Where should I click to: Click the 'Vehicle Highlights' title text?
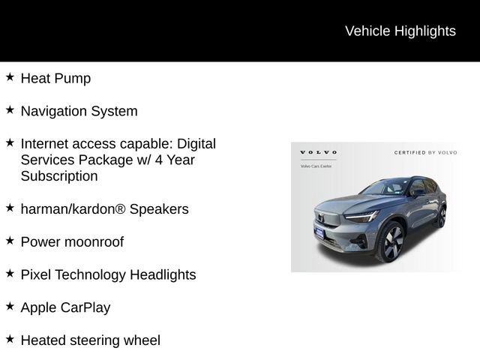point(400,31)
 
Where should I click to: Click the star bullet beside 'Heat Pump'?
point(10,77)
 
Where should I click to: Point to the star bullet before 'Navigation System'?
point(10,110)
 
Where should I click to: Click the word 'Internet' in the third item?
point(46,143)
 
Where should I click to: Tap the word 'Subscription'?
point(59,176)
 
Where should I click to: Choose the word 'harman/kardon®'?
point(73,209)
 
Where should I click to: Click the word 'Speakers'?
point(159,209)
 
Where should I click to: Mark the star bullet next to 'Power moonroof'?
point(10,241)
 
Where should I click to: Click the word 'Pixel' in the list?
point(35,274)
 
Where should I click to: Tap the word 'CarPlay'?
point(85,307)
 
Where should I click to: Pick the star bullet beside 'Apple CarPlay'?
point(10,306)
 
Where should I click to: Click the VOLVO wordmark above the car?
point(318,152)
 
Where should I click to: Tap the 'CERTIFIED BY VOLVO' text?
point(425,152)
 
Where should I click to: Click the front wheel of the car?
point(390,242)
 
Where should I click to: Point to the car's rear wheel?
point(442,216)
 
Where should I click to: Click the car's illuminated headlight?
point(363,217)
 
